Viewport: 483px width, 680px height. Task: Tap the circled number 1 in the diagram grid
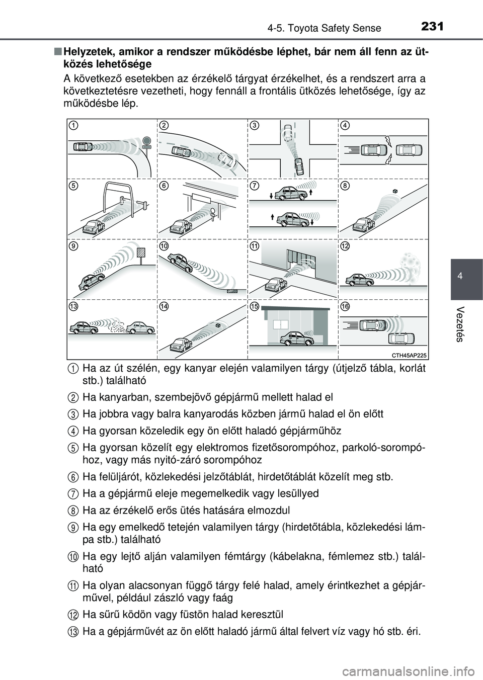[73, 125]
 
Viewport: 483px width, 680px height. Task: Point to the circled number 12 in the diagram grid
[345, 246]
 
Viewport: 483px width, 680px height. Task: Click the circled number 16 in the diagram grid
[345, 306]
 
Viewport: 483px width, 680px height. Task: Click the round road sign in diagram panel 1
[146, 141]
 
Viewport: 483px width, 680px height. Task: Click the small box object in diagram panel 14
[218, 326]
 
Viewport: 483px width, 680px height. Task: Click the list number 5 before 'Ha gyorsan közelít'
[73, 448]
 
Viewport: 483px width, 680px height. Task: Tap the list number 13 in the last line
[73, 632]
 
